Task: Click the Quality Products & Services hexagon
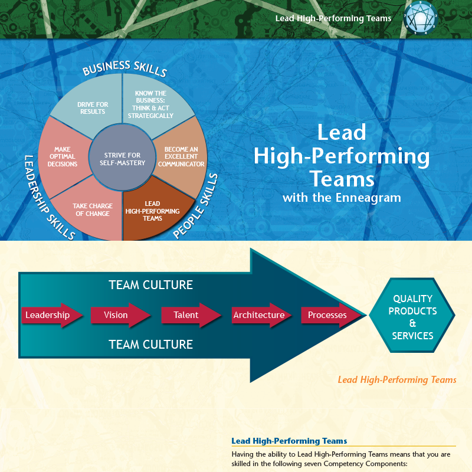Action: [412, 317]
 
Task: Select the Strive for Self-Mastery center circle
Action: [122, 159]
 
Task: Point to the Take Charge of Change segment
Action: [91, 210]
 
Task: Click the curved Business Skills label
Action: [124, 70]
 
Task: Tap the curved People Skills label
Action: [196, 206]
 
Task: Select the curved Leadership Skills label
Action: [49, 198]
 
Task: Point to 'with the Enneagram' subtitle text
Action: [342, 198]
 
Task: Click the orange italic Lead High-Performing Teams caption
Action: [396, 380]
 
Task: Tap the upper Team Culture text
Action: [150, 285]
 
